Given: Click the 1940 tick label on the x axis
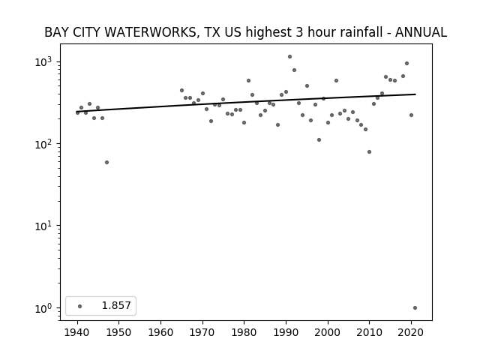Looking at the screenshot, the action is click(x=77, y=332).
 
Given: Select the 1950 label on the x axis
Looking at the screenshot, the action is click(x=118, y=332).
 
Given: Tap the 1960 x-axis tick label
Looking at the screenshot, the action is click(x=160, y=332).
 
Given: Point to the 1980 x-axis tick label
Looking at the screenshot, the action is click(x=244, y=332).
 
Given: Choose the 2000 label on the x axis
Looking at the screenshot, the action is click(x=328, y=332).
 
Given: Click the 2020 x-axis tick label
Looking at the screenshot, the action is click(x=411, y=332).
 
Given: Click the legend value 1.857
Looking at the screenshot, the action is click(x=116, y=305).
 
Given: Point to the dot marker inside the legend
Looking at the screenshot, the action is click(x=80, y=306).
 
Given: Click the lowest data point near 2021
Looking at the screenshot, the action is click(x=415, y=308).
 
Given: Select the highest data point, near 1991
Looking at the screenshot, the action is click(x=290, y=57).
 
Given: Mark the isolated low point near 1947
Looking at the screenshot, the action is click(x=106, y=162).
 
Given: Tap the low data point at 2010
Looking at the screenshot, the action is click(x=369, y=151).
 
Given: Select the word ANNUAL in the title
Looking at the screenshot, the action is click(x=421, y=32).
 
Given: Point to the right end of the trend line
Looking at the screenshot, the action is click(x=415, y=94).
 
